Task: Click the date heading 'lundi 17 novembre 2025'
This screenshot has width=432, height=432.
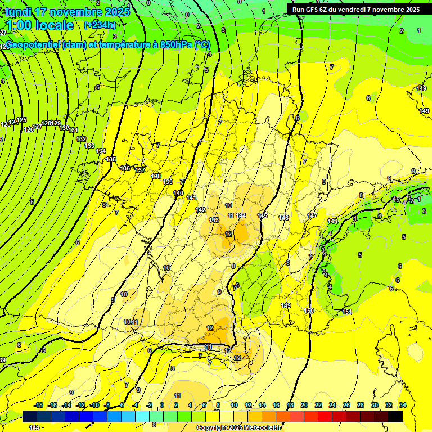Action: coord(67,11)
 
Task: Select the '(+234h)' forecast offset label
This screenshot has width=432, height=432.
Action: coord(100,25)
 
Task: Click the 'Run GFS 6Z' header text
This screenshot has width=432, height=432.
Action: coord(315,9)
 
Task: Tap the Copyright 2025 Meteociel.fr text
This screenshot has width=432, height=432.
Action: coord(239,428)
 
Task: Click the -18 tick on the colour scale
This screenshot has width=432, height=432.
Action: coord(38,405)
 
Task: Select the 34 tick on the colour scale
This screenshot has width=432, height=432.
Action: coord(403,405)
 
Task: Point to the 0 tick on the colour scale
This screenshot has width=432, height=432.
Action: coord(162,405)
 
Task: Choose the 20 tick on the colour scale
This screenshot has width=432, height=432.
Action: coord(304,405)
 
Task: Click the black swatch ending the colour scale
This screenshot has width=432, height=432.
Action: coord(395,417)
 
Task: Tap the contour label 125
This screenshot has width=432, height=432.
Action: coord(21,120)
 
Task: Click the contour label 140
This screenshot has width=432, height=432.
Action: coord(178,193)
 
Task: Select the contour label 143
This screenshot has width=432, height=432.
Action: coord(214,220)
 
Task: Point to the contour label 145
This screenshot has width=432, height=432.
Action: coord(262,215)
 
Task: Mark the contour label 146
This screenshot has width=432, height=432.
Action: coord(283,218)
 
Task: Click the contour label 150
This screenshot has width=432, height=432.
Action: coord(309,310)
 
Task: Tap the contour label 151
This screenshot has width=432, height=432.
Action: coord(347,312)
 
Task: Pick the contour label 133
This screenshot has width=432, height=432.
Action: coord(89,146)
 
